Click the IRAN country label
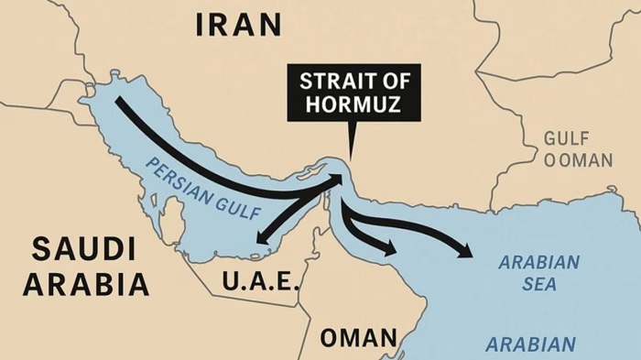(x=239, y=25)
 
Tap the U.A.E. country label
(x=260, y=281)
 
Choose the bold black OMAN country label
(x=358, y=337)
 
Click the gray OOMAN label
(x=579, y=160)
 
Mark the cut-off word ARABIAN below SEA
(x=531, y=345)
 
